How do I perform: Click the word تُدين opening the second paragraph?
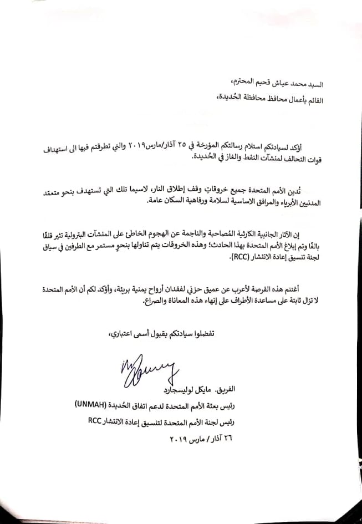tap(315, 191)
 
